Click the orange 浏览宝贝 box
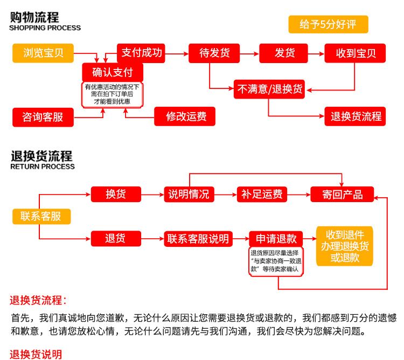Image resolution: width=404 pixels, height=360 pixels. coord(43,53)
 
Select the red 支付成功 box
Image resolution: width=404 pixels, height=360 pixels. coord(141,53)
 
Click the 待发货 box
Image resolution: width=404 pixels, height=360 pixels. coord(214,53)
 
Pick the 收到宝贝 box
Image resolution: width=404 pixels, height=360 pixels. coord(355,53)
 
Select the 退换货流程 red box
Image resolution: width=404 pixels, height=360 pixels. coord(355,116)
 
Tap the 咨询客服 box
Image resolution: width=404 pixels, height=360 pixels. coord(43,116)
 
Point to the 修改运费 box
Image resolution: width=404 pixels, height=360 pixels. coord(185,116)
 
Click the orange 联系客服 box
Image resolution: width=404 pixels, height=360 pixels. coord(41,216)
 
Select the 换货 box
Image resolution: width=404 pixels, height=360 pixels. coord(115,194)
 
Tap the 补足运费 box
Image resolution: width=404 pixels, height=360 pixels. coord(262,194)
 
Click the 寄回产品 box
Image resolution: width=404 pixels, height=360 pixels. coord(342,194)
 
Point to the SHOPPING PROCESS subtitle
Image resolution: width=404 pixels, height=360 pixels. coord(45,28)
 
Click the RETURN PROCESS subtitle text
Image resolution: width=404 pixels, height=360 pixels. coord(43,167)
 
